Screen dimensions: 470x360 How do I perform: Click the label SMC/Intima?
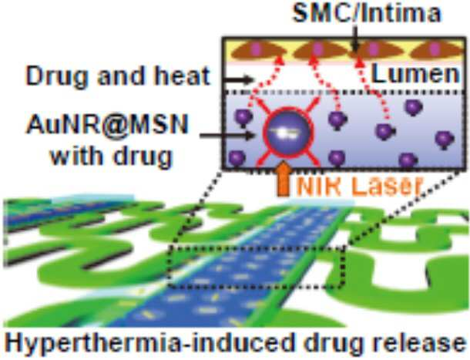367,13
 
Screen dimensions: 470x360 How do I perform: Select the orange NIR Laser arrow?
283,179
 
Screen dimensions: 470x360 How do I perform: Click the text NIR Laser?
360,186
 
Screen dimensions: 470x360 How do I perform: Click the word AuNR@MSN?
107,125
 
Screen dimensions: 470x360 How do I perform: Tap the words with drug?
112,156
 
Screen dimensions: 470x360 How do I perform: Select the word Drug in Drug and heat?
59,76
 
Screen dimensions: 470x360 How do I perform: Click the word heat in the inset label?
182,76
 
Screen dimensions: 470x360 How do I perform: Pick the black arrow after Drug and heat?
238,80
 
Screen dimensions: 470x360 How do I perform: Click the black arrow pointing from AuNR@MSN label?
227,136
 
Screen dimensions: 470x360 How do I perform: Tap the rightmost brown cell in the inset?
437,50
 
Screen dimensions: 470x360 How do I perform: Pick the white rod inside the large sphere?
285,133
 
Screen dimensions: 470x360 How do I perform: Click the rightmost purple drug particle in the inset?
445,140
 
